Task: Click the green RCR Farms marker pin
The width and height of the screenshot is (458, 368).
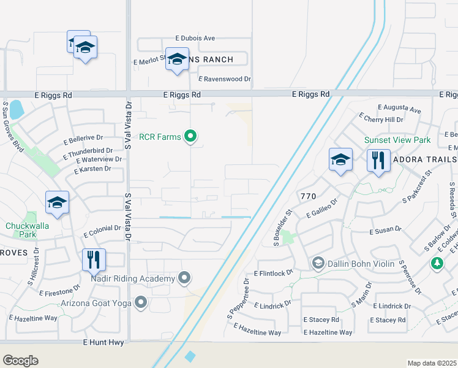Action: [190, 136]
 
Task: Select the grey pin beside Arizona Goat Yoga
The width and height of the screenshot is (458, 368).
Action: [141, 302]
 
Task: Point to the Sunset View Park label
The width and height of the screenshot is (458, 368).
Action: [397, 140]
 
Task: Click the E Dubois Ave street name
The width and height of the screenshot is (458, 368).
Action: [195, 38]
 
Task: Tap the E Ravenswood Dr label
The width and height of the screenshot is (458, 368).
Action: [225, 79]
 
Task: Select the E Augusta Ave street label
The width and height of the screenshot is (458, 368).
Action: [399, 110]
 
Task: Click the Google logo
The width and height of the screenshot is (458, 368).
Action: [20, 361]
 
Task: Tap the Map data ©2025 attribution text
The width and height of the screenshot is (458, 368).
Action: [432, 363]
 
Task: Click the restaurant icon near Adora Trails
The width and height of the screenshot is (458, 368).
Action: [378, 161]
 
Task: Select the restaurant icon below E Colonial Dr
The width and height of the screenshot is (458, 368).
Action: [94, 259]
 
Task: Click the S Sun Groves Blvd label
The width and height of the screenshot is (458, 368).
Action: [12, 126]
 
